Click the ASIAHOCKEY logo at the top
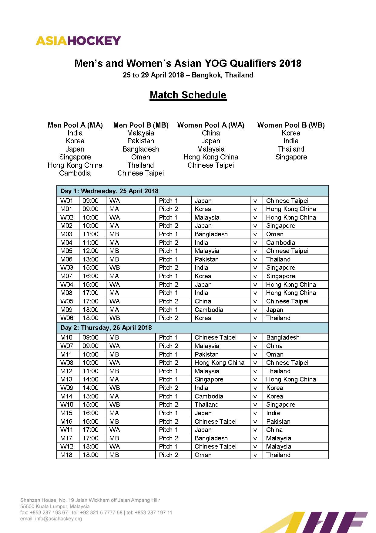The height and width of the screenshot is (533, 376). pos(78,41)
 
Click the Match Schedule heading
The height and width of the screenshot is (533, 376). pos(188,95)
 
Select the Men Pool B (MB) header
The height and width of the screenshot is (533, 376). pos(141,125)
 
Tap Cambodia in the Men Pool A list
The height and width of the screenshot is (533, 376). pos(75,173)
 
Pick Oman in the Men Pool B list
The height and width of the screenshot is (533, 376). pos(141,157)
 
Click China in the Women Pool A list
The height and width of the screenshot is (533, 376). pos(211,133)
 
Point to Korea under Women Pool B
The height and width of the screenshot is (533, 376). pos(291,133)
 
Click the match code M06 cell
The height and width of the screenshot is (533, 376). pos(66,259)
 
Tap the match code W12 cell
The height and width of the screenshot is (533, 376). pos(67,446)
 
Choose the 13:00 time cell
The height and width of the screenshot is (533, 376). pos(90,259)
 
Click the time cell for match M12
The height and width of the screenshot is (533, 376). pos(90,371)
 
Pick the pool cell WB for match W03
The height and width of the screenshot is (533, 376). pos(115,268)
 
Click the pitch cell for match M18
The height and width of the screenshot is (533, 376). pos(169,455)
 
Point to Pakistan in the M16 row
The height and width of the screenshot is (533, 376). pos(278,422)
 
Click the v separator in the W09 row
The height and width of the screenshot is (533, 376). pos(255,388)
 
